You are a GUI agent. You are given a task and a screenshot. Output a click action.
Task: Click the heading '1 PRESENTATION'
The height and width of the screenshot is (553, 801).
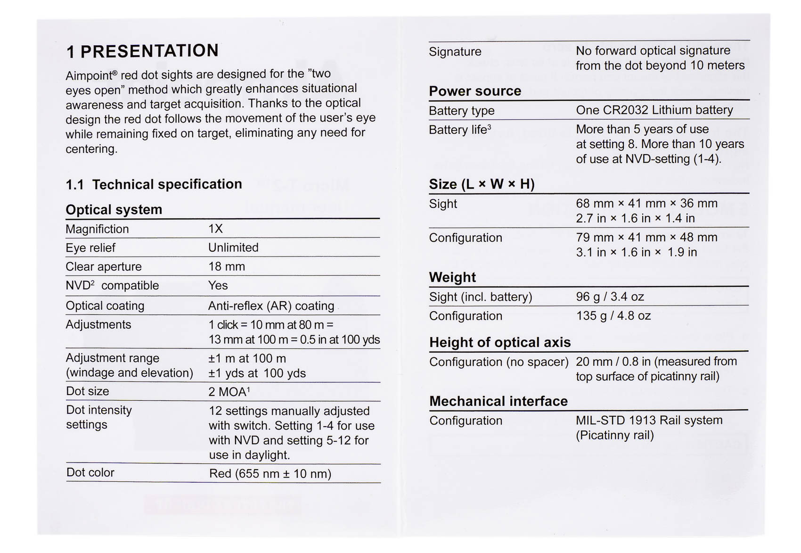tap(142, 51)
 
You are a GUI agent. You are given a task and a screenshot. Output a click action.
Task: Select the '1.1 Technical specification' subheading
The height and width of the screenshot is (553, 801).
tap(154, 184)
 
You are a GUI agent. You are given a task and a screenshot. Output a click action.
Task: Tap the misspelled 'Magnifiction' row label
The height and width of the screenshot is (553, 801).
tap(97, 229)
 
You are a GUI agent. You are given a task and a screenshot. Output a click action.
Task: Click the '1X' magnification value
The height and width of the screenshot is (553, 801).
tap(215, 229)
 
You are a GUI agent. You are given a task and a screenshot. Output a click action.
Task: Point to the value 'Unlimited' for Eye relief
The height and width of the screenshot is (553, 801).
tap(233, 248)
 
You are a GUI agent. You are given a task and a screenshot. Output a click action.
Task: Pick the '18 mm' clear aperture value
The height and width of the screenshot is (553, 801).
tap(227, 266)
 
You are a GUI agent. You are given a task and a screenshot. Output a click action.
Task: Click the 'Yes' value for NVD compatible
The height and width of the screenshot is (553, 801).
tap(218, 285)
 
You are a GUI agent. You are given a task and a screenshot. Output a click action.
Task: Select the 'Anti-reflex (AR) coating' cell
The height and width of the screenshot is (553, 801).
tap(271, 306)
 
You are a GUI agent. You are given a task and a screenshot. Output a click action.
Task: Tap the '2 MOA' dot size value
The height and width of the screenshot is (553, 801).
tap(229, 392)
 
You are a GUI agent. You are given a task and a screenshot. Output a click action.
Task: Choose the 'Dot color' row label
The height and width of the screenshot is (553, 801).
tap(90, 472)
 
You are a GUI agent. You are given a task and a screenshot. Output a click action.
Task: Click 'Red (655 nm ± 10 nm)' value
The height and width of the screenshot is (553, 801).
tap(270, 473)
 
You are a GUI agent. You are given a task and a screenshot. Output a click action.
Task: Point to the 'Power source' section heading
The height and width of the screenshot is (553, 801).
tap(474, 91)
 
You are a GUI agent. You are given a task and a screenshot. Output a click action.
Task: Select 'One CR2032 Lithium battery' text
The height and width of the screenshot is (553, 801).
tap(654, 110)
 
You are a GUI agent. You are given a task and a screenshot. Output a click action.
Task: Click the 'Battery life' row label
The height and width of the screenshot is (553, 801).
tap(459, 130)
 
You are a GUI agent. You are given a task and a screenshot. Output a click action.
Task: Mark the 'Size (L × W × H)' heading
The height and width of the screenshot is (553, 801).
tap(481, 184)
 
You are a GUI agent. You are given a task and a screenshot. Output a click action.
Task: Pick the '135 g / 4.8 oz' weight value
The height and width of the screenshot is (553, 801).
tap(613, 315)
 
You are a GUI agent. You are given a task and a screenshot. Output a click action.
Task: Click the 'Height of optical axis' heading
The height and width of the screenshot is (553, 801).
tap(499, 342)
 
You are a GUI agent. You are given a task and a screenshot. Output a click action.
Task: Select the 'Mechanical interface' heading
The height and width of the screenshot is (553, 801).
tap(498, 401)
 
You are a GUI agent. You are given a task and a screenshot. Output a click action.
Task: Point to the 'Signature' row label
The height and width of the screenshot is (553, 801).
tap(455, 51)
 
